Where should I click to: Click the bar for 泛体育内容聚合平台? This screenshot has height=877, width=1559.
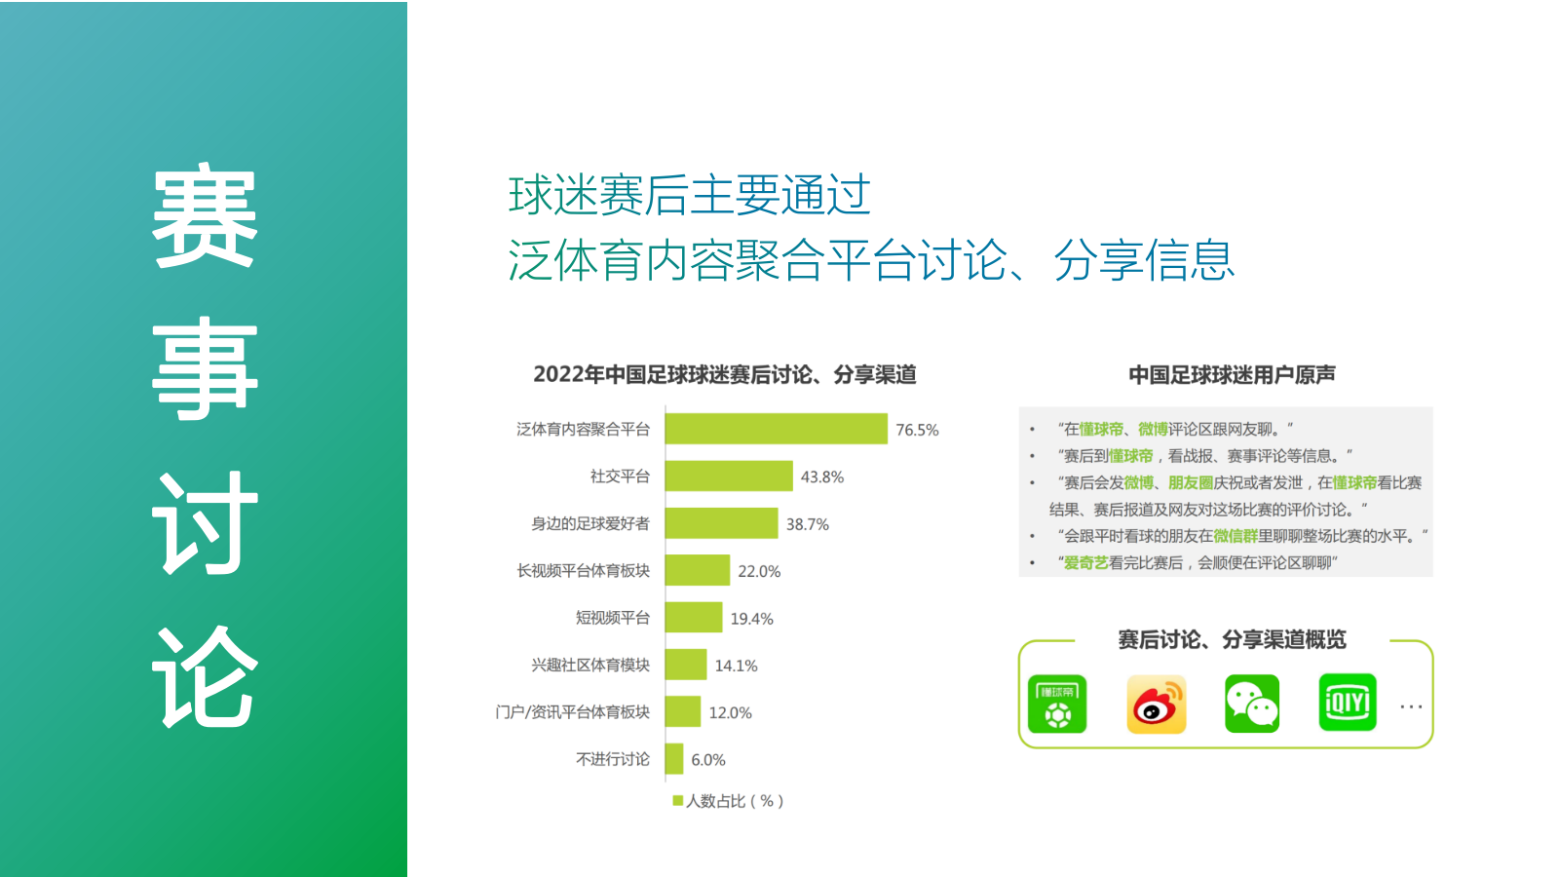776,429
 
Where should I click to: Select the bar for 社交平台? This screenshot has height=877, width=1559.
729,477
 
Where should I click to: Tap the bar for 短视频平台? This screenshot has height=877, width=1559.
694,618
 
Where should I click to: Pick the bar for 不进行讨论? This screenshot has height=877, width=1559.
674,759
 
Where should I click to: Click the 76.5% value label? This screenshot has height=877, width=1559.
917,430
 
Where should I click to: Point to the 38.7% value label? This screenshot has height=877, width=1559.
807,524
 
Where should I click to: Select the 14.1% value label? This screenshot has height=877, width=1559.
736,666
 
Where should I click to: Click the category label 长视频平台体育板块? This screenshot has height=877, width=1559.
583,571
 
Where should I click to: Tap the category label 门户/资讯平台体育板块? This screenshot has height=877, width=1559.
572,712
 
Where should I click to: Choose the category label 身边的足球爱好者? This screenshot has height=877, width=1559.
589,524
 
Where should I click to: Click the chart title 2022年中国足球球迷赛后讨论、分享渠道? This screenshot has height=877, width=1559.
724,375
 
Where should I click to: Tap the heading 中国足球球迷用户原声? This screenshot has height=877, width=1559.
1232,375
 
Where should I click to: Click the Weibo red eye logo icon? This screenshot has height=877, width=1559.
1156,704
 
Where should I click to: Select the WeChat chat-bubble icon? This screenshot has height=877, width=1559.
1251,704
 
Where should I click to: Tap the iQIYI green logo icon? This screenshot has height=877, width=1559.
1347,703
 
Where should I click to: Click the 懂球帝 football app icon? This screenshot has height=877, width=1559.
1057,704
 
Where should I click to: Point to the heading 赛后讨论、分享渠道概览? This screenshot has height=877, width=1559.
1232,640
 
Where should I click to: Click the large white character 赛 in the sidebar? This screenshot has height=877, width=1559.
205,216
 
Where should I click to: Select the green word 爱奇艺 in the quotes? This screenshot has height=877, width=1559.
1085,563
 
